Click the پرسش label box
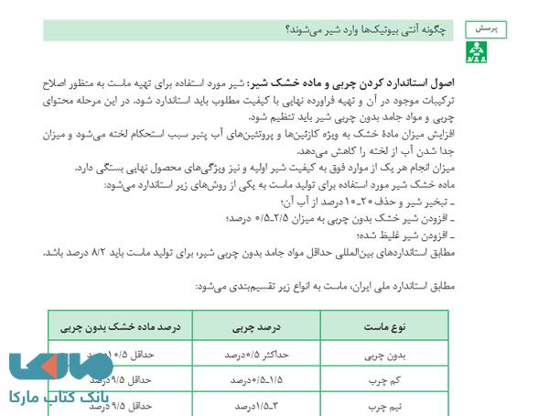pos(486,29)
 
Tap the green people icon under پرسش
pos(477,52)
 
